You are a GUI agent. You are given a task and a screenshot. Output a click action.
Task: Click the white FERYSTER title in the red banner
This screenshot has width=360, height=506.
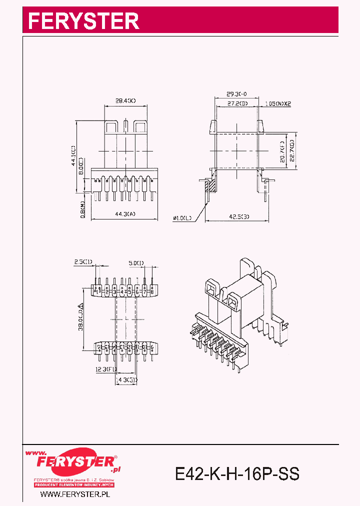(x=83, y=21)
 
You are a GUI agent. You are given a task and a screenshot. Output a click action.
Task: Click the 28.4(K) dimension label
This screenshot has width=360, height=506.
(x=125, y=101)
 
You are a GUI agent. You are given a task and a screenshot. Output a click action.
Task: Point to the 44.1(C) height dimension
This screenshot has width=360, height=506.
(x=73, y=155)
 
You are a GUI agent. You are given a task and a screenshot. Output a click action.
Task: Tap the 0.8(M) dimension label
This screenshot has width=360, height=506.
(x=82, y=208)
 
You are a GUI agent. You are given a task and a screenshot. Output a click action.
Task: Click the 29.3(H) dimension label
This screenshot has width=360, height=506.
(x=236, y=93)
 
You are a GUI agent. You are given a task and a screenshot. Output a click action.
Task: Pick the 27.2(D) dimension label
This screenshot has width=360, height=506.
(x=237, y=103)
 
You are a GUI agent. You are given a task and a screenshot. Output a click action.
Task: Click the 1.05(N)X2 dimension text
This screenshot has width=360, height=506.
(x=278, y=103)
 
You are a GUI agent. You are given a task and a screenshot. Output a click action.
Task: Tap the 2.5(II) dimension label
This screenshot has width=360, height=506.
(x=83, y=262)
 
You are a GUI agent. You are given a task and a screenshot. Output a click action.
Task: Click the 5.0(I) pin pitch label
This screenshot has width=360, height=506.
(x=136, y=262)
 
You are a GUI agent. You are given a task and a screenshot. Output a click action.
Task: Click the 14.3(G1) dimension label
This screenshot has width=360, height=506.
(x=126, y=379)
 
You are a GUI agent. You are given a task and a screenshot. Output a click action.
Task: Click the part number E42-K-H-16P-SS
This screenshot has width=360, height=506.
(x=237, y=473)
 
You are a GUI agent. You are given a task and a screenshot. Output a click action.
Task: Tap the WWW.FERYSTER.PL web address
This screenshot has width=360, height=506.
(x=74, y=494)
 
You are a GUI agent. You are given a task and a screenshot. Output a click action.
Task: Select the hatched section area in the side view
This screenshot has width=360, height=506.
(x=211, y=186)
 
